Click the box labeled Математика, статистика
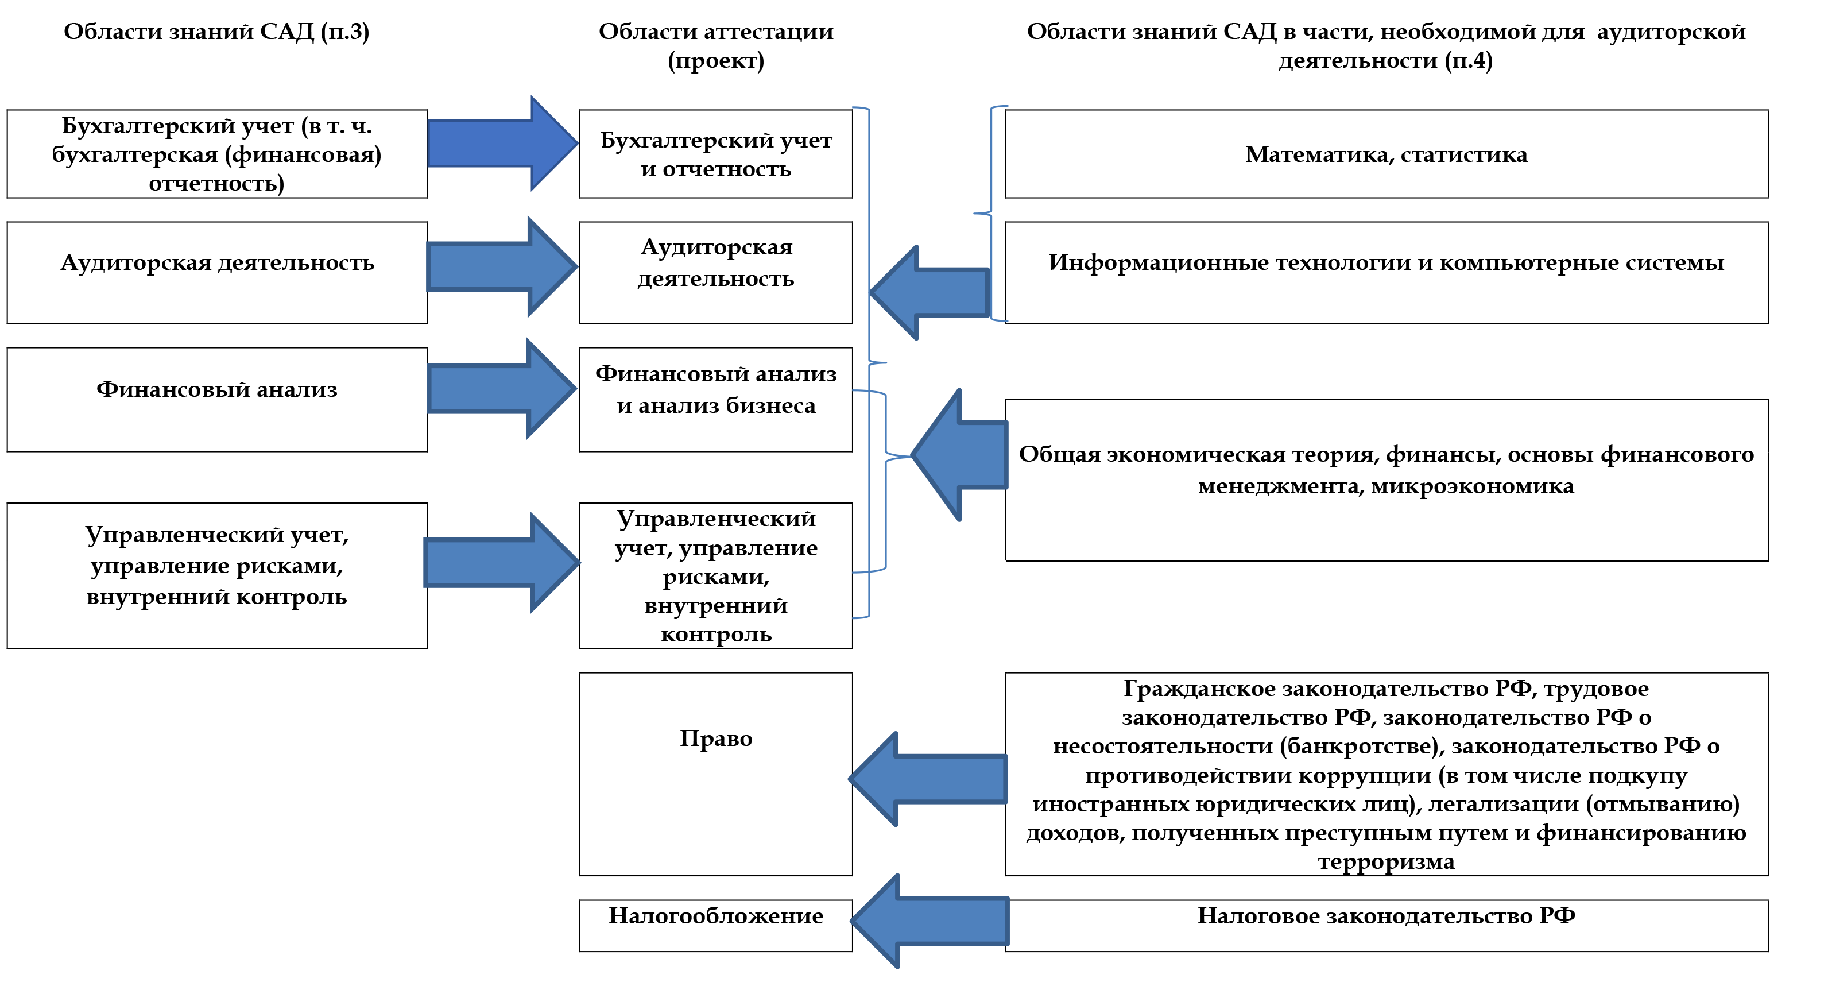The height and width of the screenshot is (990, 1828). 1385,154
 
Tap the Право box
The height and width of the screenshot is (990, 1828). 715,774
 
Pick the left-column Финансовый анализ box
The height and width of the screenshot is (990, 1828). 216,399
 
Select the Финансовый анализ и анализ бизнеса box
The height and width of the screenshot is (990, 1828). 715,399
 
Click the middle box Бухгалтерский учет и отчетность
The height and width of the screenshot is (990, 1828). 715,154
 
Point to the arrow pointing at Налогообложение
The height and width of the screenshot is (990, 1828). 930,921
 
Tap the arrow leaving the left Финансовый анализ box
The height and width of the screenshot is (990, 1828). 500,388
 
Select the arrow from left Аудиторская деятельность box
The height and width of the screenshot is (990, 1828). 500,267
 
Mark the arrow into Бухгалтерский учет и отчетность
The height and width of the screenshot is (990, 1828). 500,144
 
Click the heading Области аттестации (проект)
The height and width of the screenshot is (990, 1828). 715,45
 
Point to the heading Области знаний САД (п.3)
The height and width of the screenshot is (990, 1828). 216,31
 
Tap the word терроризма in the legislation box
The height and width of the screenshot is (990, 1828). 1385,861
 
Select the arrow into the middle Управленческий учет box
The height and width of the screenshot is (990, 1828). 500,563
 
